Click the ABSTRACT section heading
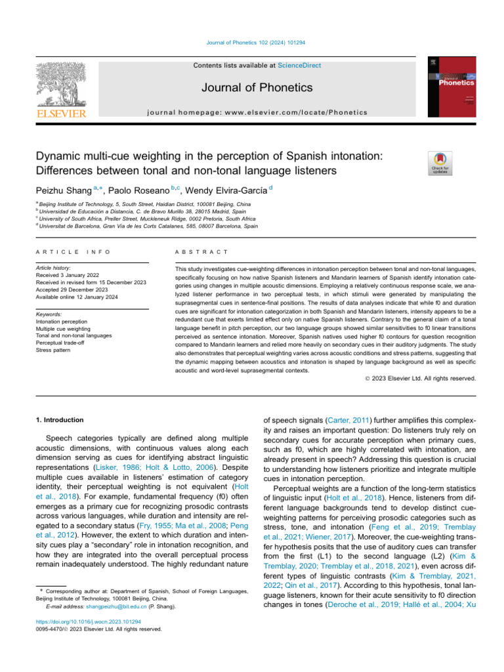pos(201,252)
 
